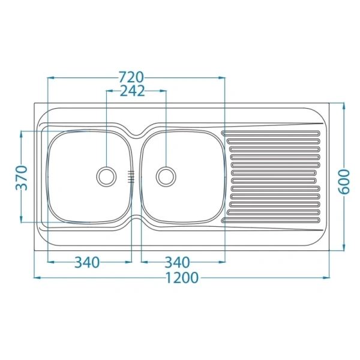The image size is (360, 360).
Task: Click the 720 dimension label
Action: point(131,77)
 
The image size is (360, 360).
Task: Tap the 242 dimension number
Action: point(133,91)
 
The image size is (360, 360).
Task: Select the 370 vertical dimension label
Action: point(22,178)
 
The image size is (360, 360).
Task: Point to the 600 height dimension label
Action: point(344,182)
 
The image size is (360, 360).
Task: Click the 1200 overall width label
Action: point(182,278)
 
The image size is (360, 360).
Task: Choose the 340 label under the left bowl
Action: point(87,262)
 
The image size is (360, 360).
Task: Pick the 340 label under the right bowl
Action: point(177,262)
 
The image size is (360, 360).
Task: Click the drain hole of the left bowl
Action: point(106,176)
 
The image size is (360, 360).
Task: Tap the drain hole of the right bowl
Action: point(166,176)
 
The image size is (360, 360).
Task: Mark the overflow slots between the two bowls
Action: point(131,177)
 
